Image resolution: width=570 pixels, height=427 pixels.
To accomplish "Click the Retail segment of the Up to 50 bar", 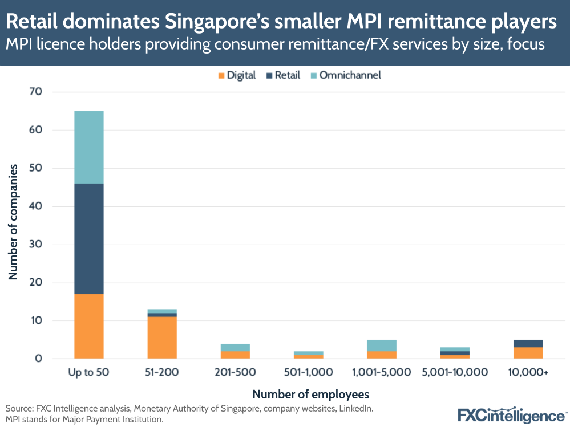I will (x=88, y=238).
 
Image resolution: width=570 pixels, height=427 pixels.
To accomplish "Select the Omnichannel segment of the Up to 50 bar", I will (x=88, y=147).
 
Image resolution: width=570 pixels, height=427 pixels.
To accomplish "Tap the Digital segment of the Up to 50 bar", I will (x=88, y=326).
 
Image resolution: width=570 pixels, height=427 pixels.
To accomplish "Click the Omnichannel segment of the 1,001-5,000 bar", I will (x=382, y=345).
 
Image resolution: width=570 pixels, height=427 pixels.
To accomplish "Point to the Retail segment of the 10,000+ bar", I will (x=528, y=343).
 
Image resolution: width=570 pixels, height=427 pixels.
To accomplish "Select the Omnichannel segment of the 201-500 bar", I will (x=235, y=347).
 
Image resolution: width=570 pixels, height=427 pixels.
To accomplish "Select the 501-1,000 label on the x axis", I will (x=309, y=373).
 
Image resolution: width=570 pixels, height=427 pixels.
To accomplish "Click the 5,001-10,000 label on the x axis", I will (x=455, y=373).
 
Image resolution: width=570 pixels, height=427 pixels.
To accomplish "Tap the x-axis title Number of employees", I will (x=310, y=394).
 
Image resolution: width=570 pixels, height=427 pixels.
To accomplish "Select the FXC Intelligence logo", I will (x=510, y=415).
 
